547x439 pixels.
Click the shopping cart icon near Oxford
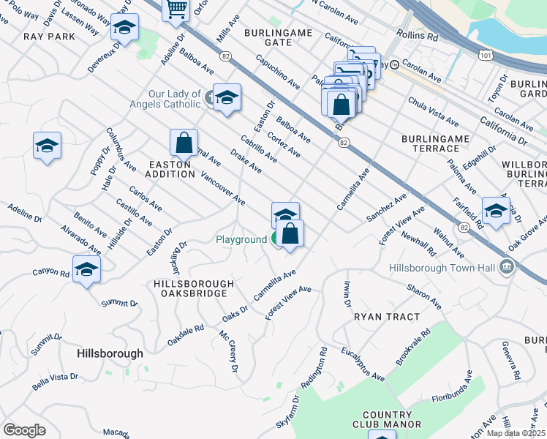point(176,10)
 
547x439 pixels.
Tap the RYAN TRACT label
point(387,317)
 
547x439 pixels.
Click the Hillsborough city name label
point(110,353)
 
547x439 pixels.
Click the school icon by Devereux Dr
point(125,28)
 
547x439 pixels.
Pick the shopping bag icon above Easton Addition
point(184,142)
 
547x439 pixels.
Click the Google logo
point(24,430)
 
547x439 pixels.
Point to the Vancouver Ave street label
point(222,188)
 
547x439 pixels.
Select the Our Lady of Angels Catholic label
point(175,99)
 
